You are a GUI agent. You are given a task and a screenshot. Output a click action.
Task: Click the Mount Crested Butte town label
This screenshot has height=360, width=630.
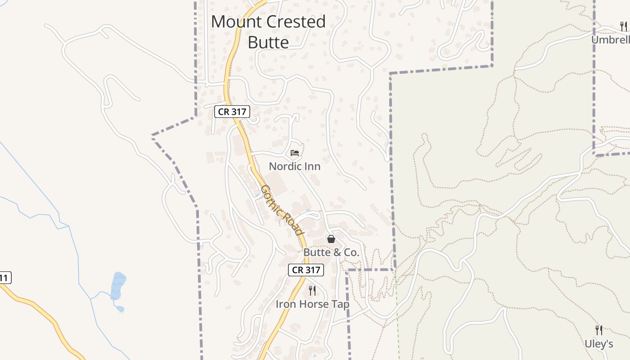coord(268,31)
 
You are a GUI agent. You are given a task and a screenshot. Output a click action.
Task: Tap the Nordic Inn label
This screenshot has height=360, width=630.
coord(294,166)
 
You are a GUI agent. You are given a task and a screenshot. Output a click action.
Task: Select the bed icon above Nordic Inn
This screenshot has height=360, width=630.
coord(295,153)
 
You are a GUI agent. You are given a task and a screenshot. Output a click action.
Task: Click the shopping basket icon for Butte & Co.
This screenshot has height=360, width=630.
coord(331,239)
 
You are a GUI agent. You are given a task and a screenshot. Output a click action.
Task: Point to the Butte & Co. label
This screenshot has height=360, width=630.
coord(331,252)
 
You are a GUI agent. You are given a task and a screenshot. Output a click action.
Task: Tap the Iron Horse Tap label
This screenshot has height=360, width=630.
coord(312,304)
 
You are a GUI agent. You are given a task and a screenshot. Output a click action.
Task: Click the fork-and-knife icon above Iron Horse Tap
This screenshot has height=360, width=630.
coord(312,291)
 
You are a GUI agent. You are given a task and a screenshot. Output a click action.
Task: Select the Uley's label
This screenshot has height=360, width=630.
coord(598,344)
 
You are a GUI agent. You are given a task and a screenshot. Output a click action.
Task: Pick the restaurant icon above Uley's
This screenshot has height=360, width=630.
coord(598,330)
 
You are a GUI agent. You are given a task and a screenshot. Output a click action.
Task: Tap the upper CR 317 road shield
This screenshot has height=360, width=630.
coord(232,112)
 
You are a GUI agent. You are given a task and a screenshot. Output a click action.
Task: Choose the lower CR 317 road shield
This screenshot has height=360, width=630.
coord(306,270)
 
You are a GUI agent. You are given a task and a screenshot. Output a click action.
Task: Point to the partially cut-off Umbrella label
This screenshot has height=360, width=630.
coord(610,40)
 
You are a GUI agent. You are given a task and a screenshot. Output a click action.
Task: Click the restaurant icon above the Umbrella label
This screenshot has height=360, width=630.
coord(623,27)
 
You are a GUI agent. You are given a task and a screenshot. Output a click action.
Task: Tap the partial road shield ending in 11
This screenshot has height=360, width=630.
coord(4,278)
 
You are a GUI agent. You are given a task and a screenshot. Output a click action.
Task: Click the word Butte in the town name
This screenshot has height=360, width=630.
coord(268,42)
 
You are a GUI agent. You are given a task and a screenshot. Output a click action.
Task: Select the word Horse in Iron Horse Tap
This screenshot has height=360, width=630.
coord(312,304)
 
